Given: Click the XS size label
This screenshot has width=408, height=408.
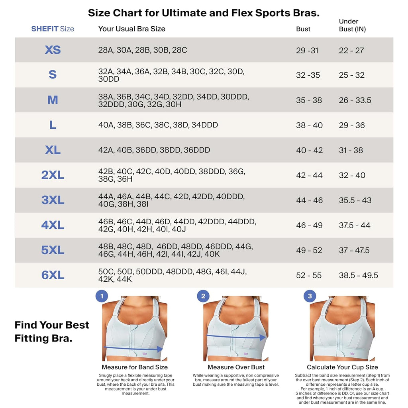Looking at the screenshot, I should click(53, 50).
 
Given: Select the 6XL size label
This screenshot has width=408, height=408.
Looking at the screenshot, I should click(53, 275).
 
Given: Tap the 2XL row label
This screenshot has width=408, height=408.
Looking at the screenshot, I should click(53, 175).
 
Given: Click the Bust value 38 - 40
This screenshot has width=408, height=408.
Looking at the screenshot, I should click(309, 125).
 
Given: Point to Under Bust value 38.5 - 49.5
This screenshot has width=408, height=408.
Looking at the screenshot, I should click(358, 275).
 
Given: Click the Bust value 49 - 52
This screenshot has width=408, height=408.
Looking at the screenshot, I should click(309, 250).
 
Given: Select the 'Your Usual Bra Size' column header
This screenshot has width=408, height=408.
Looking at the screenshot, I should click(131, 29).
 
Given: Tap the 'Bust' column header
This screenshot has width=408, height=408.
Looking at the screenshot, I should click(303, 29).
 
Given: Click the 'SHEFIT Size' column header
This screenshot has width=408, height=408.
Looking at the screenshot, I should click(53, 29).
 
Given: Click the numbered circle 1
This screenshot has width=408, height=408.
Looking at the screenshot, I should click(102, 296).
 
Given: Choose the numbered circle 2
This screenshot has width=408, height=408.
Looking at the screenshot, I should click(203, 296).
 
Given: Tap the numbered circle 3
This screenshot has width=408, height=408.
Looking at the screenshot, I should click(310, 296).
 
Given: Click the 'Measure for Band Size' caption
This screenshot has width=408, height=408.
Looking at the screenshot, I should click(135, 367).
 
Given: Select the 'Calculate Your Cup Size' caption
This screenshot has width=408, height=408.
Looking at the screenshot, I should click(342, 367).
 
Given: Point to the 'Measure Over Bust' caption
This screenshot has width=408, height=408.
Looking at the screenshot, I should click(236, 367).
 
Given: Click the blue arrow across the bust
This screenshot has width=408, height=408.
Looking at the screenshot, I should click(236, 337).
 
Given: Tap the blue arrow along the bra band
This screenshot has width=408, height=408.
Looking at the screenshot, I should click(134, 349).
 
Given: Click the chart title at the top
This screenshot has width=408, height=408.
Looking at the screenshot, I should click(204, 13).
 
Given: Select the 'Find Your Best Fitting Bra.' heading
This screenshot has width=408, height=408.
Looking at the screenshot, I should click(52, 331).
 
